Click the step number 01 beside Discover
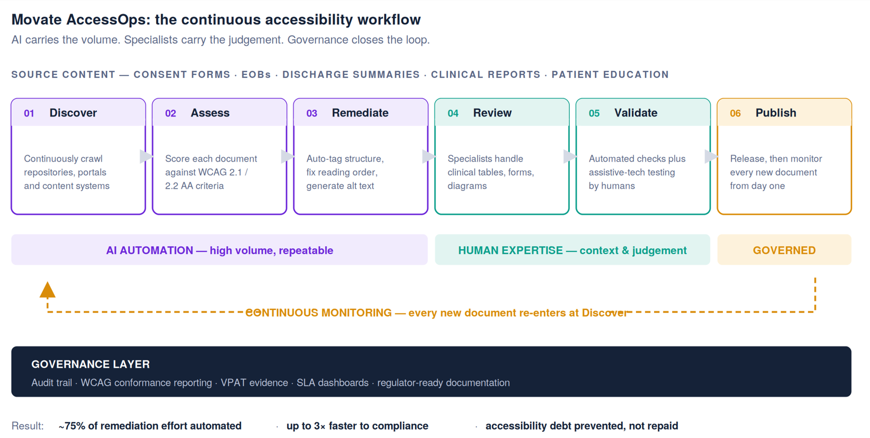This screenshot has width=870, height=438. tap(29, 113)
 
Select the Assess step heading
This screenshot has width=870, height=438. tap(210, 113)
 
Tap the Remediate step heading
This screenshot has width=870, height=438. tap(360, 113)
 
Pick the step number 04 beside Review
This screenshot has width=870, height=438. tap(453, 113)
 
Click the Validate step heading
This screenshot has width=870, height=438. tap(636, 113)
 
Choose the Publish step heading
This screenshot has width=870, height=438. tap(776, 113)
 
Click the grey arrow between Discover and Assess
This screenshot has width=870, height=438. tap(146, 157)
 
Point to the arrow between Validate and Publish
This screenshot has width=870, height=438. tap(711, 157)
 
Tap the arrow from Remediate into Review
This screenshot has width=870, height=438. tap(429, 157)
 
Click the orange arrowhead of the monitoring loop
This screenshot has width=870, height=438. tap(47, 290)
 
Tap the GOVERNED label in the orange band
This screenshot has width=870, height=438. tap(784, 250)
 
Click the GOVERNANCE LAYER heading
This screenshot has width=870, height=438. tap(91, 364)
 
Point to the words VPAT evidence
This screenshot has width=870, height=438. tap(254, 383)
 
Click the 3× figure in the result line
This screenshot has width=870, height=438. tap(319, 426)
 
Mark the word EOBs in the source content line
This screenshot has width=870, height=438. tap(257, 74)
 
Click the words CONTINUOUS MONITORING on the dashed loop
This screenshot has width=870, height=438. tap(318, 313)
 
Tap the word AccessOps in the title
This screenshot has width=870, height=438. tap(108, 20)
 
